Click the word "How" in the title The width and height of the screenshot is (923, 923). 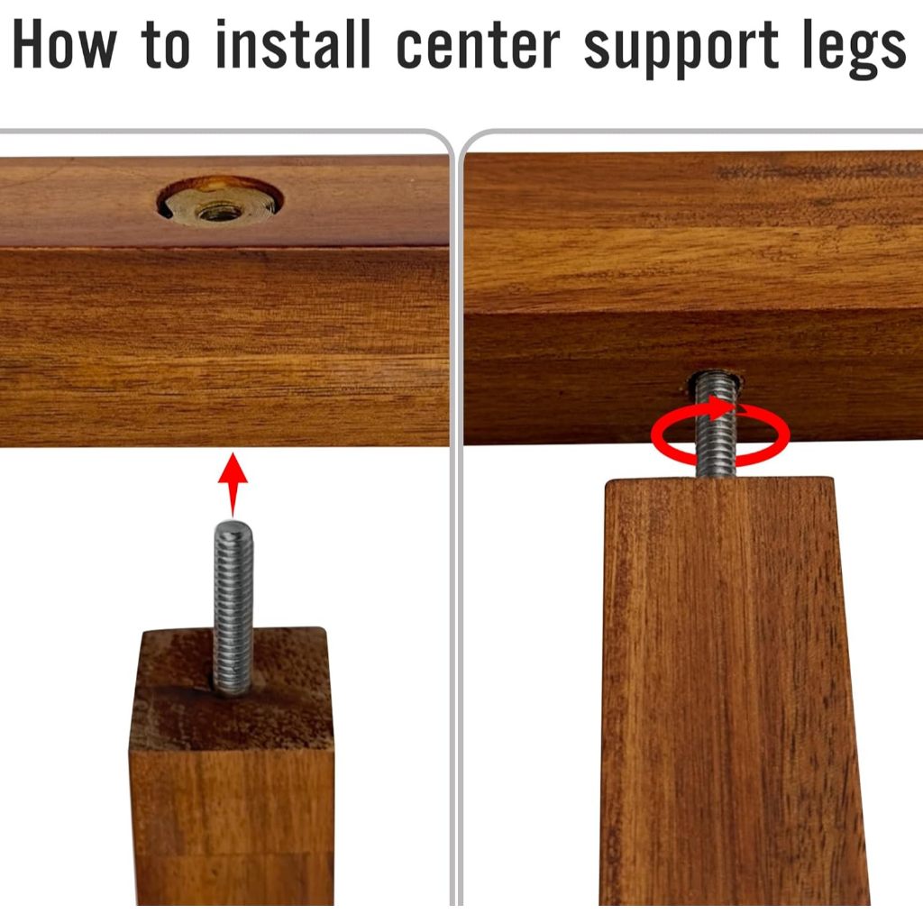(64, 44)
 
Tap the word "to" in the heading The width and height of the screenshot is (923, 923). (166, 45)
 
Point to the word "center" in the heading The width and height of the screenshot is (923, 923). (478, 47)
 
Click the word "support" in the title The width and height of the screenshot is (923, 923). (681, 50)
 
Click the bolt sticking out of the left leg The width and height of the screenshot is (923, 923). (233, 608)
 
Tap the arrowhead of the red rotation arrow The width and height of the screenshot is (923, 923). (724, 408)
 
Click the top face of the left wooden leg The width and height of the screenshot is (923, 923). (231, 689)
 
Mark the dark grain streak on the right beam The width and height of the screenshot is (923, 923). (818, 171)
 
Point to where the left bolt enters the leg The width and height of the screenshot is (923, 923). (232, 691)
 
